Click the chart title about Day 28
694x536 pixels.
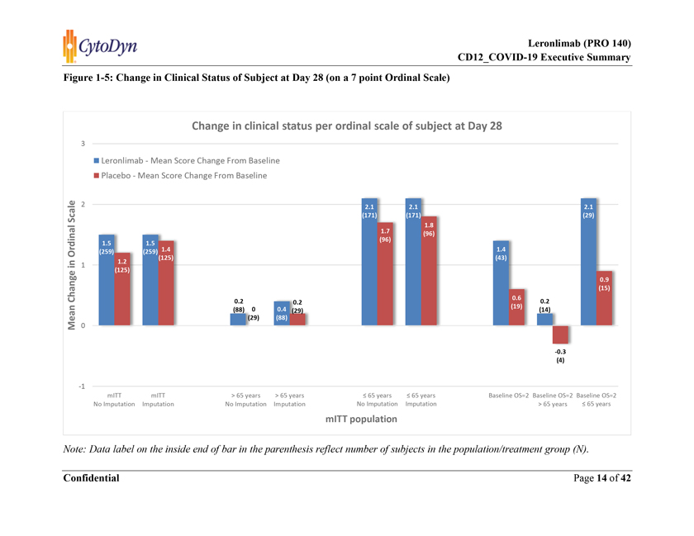[346, 126]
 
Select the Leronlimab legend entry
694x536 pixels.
[191, 159]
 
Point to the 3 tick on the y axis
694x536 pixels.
[83, 144]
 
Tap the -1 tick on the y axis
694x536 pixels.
[82, 386]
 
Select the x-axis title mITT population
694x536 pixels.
[361, 419]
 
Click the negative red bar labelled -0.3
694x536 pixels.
[560, 334]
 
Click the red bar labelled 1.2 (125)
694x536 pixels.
[122, 289]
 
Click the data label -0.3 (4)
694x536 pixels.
[560, 356]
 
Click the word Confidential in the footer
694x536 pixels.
[91, 478]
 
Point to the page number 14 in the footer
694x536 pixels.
[602, 478]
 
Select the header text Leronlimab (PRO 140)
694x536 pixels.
[579, 43]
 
